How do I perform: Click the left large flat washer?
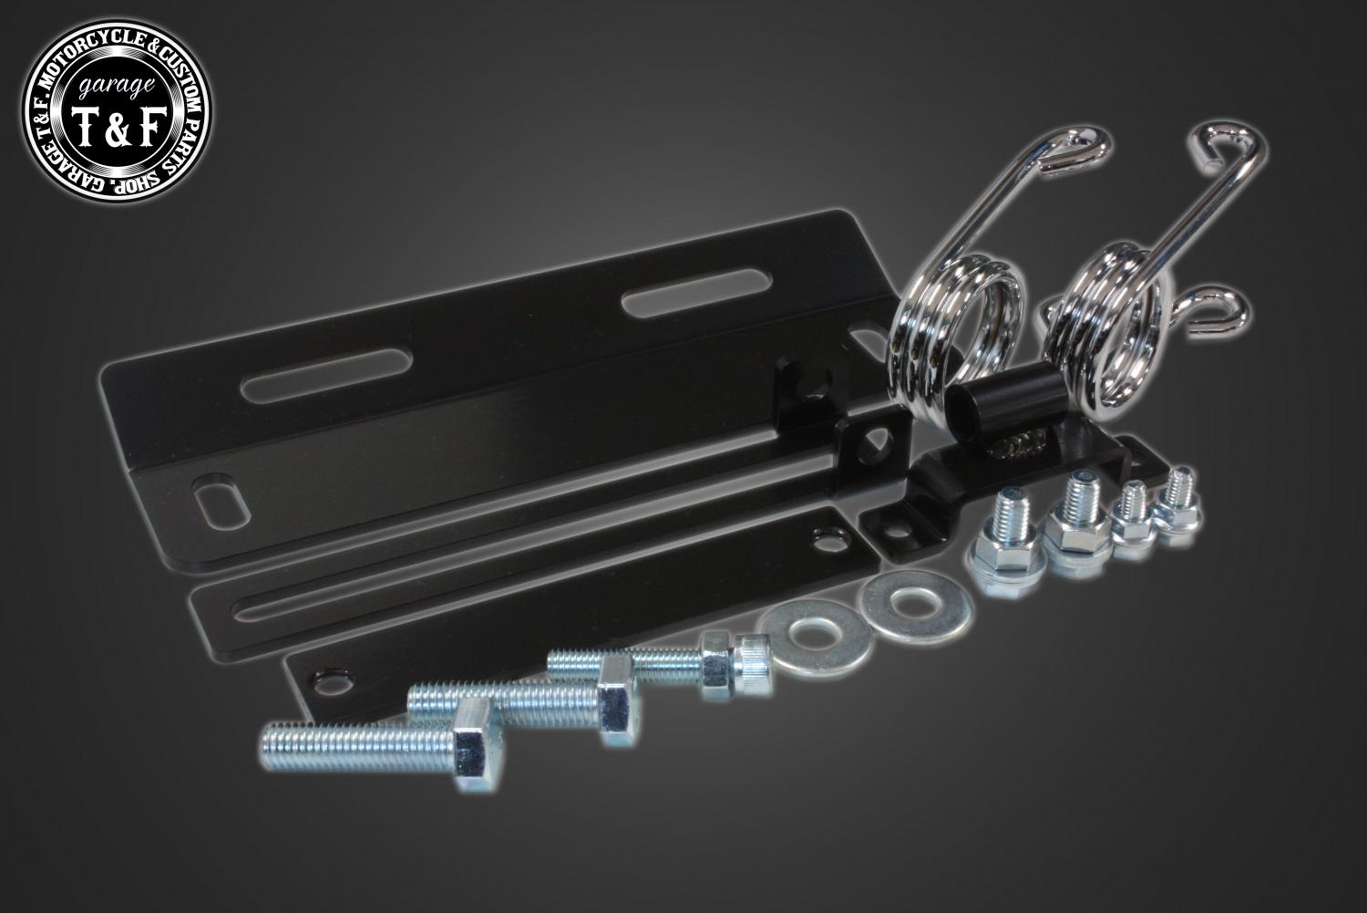(x=814, y=638)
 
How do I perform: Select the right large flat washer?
(x=916, y=607)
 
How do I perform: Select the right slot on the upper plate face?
(x=696, y=293)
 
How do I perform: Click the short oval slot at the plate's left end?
(x=221, y=500)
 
